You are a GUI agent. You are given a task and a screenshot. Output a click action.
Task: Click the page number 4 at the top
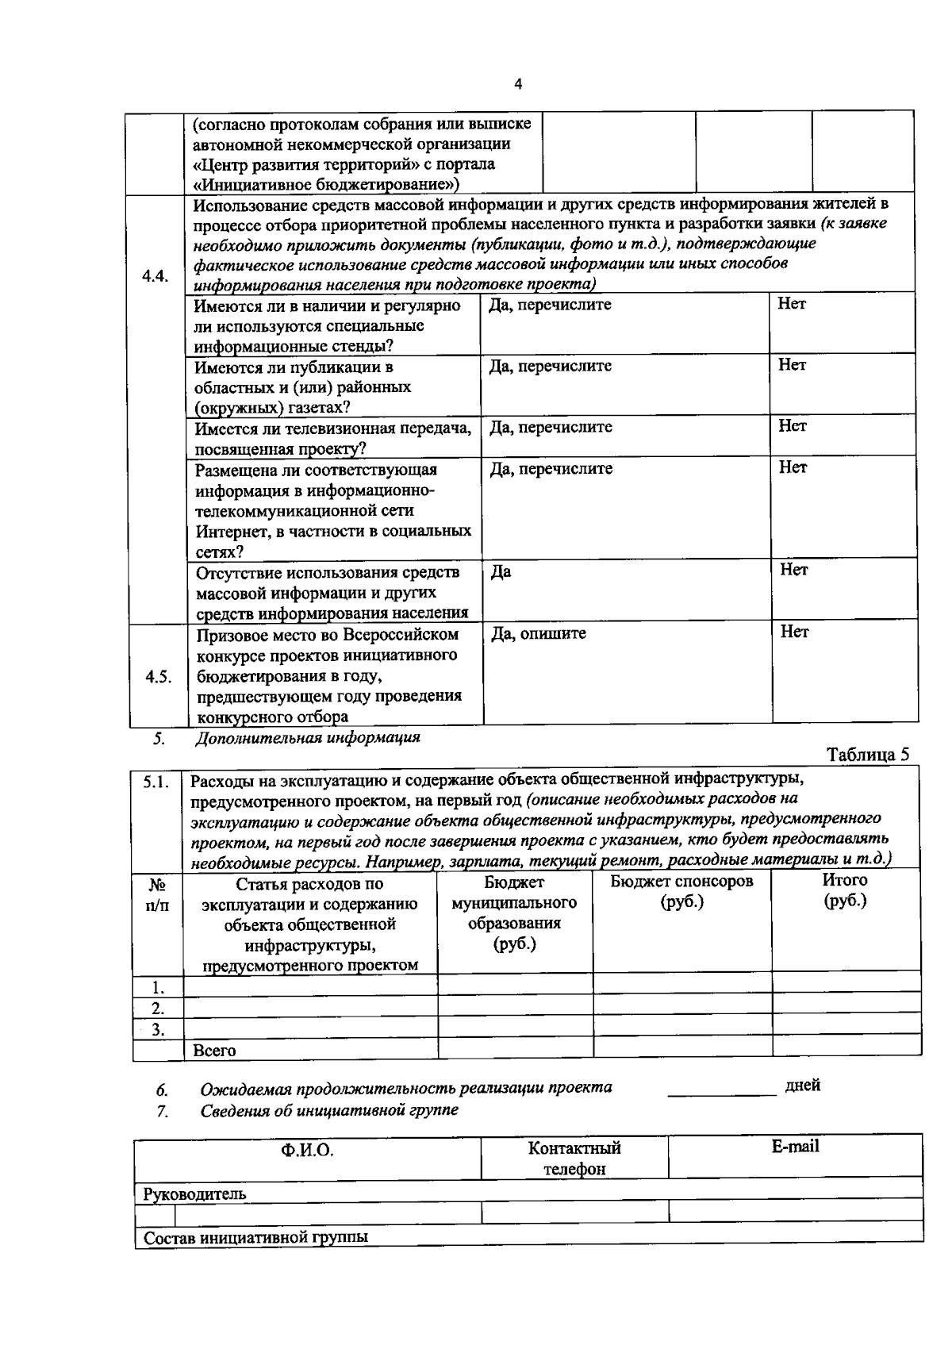(518, 85)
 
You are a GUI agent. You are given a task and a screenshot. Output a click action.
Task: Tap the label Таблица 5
(868, 754)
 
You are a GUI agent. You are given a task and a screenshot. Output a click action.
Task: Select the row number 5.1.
(156, 782)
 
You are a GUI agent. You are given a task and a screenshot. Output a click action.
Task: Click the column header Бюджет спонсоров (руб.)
(681, 891)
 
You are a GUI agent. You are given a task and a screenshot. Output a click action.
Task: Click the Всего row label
(215, 1050)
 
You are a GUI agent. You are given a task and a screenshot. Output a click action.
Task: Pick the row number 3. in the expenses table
(158, 1029)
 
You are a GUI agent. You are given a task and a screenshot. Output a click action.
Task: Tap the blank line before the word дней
(721, 1090)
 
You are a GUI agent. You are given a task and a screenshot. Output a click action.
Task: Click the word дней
(803, 1085)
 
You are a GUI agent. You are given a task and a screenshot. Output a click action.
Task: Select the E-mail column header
(795, 1146)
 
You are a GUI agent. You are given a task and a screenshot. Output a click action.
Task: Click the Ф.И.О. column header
(307, 1150)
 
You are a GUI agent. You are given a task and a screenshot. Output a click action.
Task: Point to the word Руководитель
(194, 1193)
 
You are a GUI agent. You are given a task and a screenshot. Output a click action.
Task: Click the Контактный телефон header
(574, 1158)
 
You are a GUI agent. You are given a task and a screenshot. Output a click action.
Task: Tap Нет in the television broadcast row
(792, 426)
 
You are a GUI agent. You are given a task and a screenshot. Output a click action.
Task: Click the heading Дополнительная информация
(308, 737)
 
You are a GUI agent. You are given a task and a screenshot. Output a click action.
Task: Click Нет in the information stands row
(792, 304)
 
